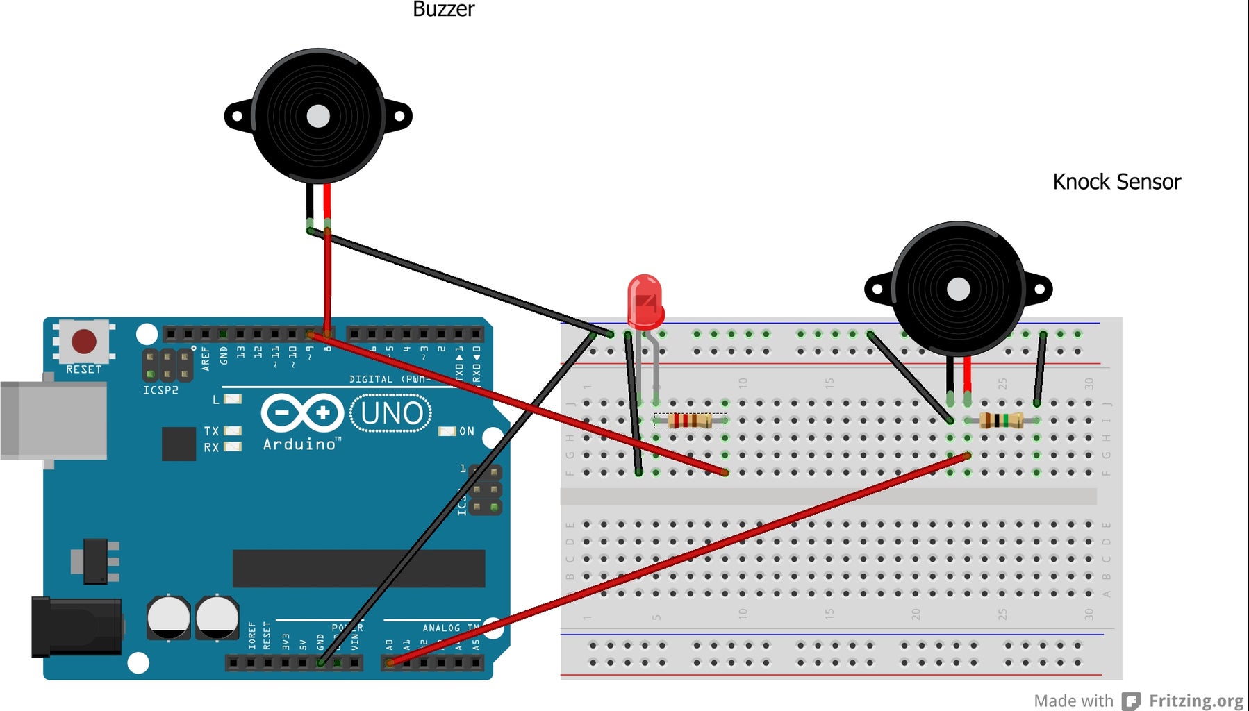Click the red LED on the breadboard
click(645, 301)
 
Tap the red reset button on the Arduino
click(84, 341)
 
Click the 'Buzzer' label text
click(443, 9)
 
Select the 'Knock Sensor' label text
click(1116, 182)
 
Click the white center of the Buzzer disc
click(318, 116)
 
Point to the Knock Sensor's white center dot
click(958, 290)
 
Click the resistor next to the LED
click(690, 420)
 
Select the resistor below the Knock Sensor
click(1000, 420)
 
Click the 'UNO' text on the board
click(391, 414)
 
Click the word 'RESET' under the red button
click(83, 369)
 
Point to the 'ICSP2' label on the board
click(160, 390)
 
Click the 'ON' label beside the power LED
click(467, 431)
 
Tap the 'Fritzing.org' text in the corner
click(1196, 701)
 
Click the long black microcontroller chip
click(358, 569)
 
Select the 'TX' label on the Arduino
click(211, 431)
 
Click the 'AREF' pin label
click(205, 358)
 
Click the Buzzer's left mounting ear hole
click(237, 116)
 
